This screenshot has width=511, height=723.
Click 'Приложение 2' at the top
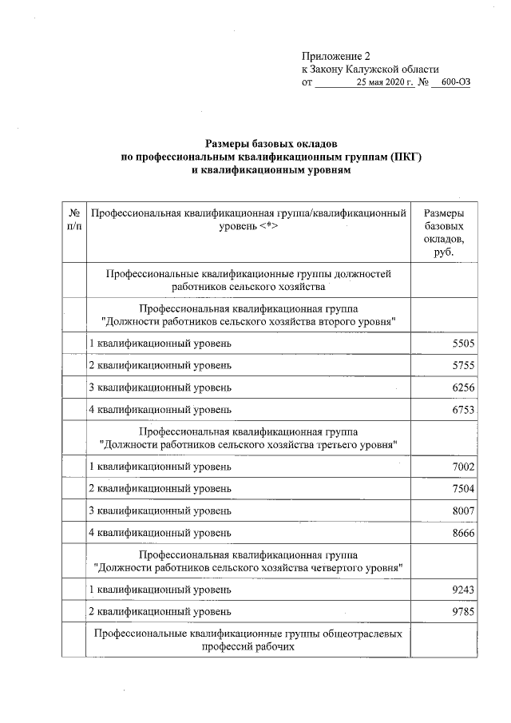tap(337, 56)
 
